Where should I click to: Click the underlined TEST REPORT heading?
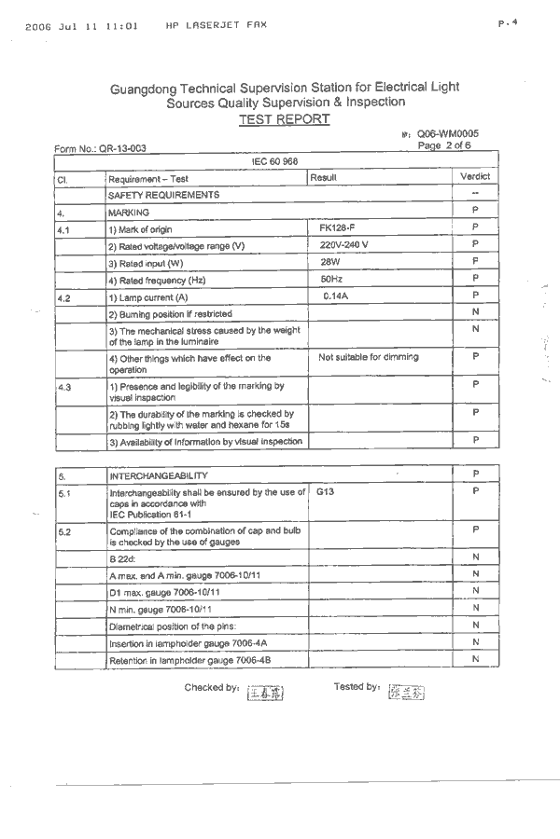coord(284,119)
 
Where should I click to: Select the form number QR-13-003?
coord(100,148)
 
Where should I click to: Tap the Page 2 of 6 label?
coord(444,145)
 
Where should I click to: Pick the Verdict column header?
coord(475,176)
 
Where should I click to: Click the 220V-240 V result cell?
coord(343,244)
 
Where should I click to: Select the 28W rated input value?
coord(331,262)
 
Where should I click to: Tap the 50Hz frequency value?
coord(331,279)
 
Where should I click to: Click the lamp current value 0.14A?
coord(335,296)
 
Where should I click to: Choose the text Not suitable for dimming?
coord(369,357)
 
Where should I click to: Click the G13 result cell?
coord(325,489)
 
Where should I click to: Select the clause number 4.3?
coord(64,386)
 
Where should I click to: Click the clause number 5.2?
coord(64,530)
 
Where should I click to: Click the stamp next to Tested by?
coord(405,693)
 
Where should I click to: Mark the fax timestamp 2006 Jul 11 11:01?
coord(82,26)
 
